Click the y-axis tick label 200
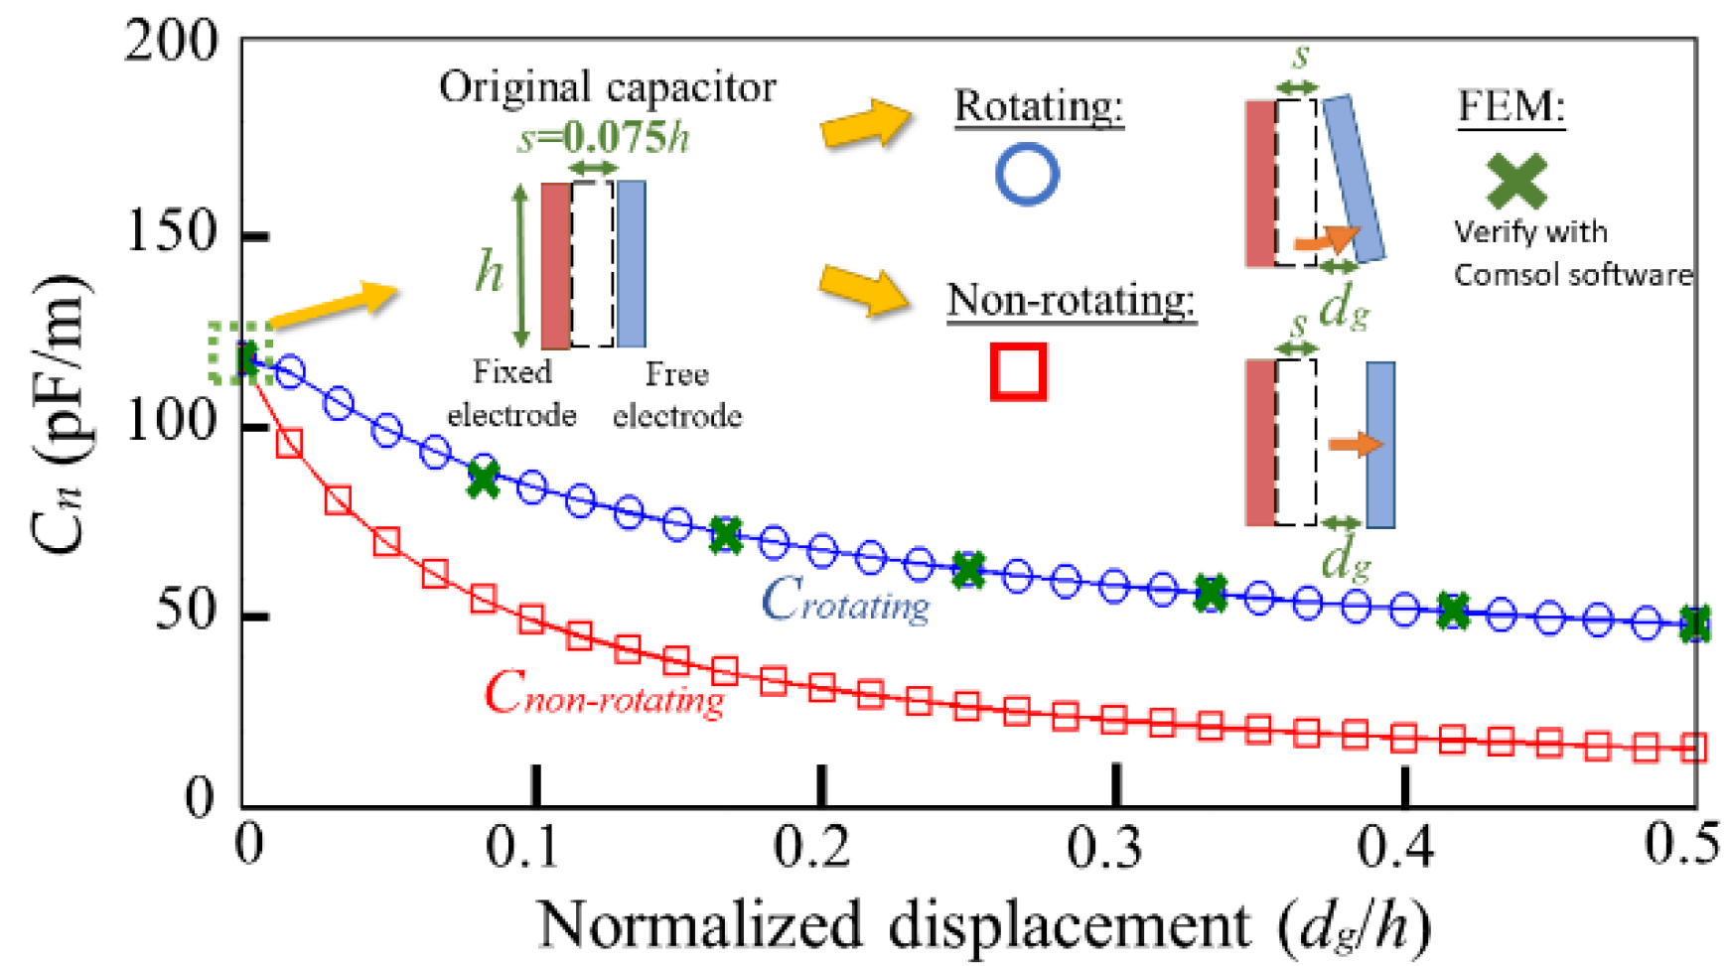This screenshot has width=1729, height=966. (171, 43)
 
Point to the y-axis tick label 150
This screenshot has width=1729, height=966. (171, 233)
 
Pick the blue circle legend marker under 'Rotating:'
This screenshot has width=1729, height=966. (1027, 175)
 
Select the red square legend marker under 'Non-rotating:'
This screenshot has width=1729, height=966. (1018, 372)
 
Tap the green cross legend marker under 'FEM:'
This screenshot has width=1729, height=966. (1515, 181)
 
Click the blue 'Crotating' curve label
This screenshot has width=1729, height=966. (845, 601)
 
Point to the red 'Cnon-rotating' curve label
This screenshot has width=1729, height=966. (604, 693)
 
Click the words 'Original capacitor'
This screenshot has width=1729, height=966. (607, 87)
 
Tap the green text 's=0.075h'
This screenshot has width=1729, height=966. (604, 137)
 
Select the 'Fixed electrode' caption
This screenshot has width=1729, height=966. (511, 393)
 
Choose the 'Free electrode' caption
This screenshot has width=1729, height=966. (677, 394)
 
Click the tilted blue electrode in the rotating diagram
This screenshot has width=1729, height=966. (1354, 179)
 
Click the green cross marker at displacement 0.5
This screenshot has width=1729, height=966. (1694, 624)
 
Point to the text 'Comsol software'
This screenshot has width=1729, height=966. (1572, 274)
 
